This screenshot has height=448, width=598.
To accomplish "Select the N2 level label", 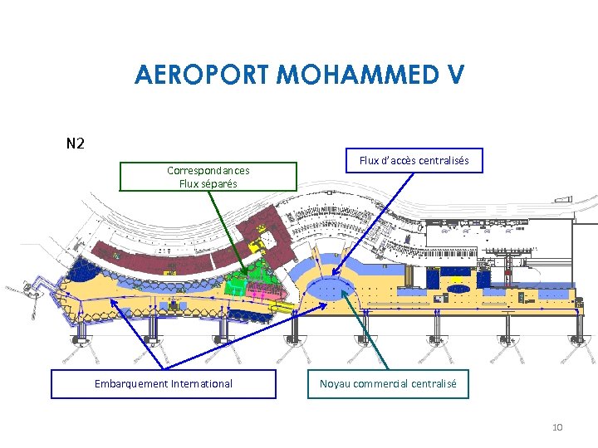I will point(75,144).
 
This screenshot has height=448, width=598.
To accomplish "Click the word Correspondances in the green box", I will point(208,171).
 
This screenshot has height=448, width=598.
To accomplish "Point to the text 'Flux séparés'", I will point(208,183).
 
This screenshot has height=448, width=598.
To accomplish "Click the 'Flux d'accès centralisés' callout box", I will point(414,159).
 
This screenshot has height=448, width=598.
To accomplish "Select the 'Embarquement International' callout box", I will point(164,384).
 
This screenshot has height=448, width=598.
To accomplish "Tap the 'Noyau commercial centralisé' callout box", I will point(389,384).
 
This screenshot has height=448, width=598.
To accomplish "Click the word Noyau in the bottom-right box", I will point(336,384).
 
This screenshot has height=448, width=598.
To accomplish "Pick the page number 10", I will point(556,427).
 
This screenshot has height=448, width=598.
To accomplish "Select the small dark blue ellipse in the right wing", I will point(458,289).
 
